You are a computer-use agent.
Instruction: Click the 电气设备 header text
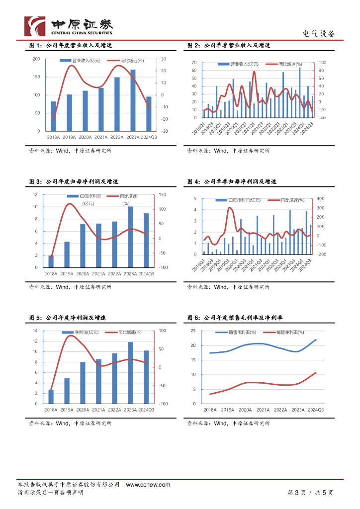click(x=319, y=34)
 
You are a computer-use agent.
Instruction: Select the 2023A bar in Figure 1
click(x=133, y=100)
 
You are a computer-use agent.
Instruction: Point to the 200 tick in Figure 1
click(x=36, y=59)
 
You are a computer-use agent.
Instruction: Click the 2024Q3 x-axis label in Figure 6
click(x=316, y=410)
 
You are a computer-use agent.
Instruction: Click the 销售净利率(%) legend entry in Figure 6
click(x=289, y=333)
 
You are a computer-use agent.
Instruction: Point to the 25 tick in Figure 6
click(x=194, y=331)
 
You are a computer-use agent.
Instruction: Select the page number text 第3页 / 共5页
click(x=310, y=493)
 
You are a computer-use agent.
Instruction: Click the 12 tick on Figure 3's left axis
click(x=35, y=195)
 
